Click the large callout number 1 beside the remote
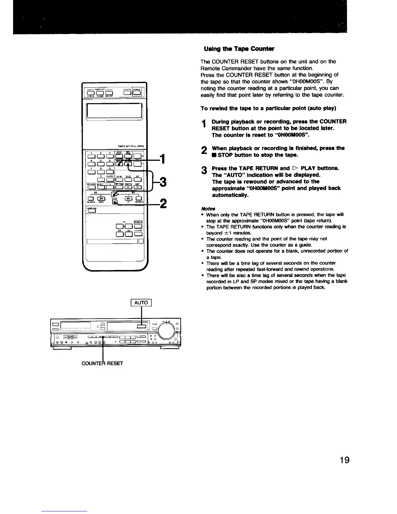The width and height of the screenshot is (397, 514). point(164,159)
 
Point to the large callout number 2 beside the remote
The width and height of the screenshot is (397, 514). point(164,203)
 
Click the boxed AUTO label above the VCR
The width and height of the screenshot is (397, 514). point(141,303)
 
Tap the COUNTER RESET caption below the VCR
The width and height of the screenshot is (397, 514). point(102,363)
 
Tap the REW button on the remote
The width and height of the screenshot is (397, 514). point(101,199)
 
